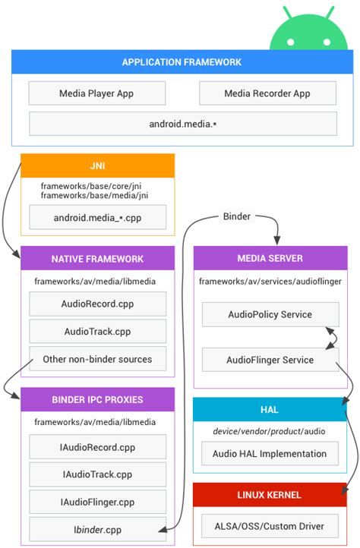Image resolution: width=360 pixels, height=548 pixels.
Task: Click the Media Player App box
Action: point(97,93)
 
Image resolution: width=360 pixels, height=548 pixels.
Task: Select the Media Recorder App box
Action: point(267,93)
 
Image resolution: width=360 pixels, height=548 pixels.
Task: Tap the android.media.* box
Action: point(182,124)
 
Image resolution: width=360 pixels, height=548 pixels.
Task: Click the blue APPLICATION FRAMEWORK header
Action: point(182,62)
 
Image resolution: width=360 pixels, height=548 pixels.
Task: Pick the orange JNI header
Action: point(97,165)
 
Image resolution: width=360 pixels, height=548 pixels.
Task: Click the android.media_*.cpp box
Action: point(97,218)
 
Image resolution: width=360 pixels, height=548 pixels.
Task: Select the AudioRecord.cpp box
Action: point(97,304)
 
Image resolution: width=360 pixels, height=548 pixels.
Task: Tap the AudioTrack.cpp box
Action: point(97,332)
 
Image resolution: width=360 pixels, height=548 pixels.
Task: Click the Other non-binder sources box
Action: point(97,359)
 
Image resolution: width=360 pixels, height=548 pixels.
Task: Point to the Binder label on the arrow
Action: point(237,217)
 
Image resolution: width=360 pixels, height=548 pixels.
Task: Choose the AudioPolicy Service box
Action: point(270,314)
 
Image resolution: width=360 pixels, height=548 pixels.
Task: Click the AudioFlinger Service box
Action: point(270,360)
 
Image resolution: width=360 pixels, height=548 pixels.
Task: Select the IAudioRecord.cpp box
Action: point(97,447)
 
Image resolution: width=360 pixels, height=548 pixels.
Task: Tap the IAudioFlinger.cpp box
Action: point(97,502)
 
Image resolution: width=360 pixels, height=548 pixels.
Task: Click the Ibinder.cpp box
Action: point(97,529)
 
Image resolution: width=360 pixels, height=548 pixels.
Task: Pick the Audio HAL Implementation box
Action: point(270,454)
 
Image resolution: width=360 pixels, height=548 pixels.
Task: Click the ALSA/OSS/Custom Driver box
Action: point(270,526)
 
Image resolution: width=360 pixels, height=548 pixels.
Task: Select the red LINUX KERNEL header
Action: point(270,495)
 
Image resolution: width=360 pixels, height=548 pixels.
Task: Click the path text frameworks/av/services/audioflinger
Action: point(270,281)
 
